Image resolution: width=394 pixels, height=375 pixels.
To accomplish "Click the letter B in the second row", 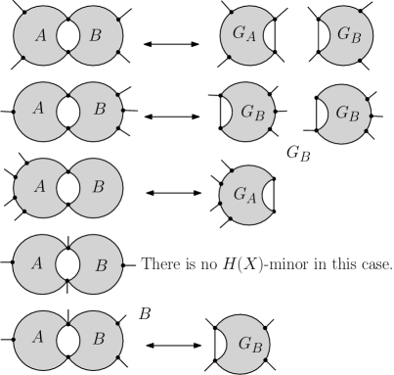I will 99,109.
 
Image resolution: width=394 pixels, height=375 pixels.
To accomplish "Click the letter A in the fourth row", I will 37,262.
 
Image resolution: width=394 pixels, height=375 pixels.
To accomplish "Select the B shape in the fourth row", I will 98,262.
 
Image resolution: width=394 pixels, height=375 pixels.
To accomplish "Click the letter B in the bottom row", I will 99,339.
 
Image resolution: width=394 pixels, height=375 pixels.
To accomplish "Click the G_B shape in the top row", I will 347,34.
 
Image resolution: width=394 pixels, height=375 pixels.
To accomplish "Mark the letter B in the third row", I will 99,185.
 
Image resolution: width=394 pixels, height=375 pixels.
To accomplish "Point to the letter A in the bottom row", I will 38,338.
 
